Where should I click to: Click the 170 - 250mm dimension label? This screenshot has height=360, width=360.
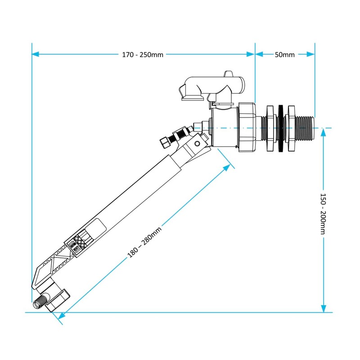[143, 54]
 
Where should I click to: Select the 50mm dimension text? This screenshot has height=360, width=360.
[284, 54]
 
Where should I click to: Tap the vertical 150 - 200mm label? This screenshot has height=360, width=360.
[323, 214]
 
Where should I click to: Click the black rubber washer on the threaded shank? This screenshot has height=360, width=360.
[282, 129]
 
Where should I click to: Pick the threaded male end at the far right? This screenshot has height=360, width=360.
[306, 129]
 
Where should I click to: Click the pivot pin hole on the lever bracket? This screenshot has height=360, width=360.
[196, 144]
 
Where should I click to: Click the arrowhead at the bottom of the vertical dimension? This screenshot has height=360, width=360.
[323, 308]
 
